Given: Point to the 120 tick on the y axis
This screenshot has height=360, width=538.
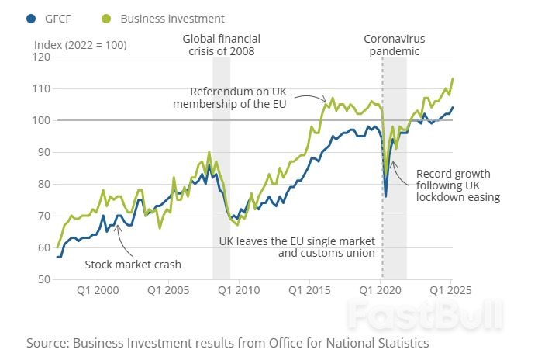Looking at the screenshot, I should (x=40, y=57).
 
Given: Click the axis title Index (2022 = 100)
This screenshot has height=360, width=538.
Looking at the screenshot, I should (x=81, y=44).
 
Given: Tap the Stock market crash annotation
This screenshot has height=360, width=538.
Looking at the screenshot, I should (x=133, y=264).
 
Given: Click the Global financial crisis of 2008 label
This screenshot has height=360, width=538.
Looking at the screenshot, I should (x=222, y=45).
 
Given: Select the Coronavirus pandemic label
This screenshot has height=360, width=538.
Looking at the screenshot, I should (x=395, y=45).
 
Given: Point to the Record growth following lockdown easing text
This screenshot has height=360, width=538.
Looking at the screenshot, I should (x=457, y=185).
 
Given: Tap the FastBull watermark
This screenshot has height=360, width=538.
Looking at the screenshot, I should (x=425, y=316).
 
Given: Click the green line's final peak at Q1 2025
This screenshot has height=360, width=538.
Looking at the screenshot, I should (x=453, y=79).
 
